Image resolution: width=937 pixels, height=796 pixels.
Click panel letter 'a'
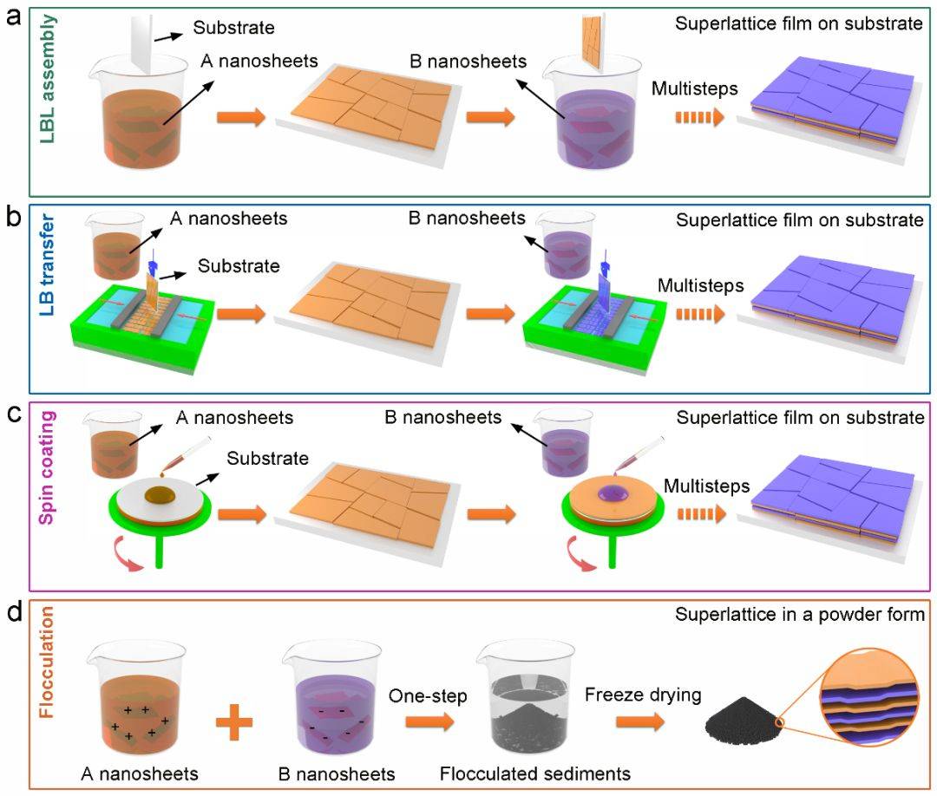coord(13,18)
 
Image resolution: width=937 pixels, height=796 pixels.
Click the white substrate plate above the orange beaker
coord(141,42)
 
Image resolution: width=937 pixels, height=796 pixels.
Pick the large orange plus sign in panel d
coord(233,722)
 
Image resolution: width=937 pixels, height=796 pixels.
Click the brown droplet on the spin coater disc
coord(161,495)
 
